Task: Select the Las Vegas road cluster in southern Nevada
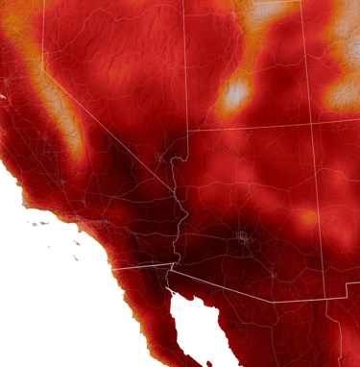[160, 156]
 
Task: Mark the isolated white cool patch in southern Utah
[235, 94]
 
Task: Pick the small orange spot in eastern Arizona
[308, 219]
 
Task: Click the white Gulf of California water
[197, 322]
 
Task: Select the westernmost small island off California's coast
[34, 224]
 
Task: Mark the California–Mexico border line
[139, 268]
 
